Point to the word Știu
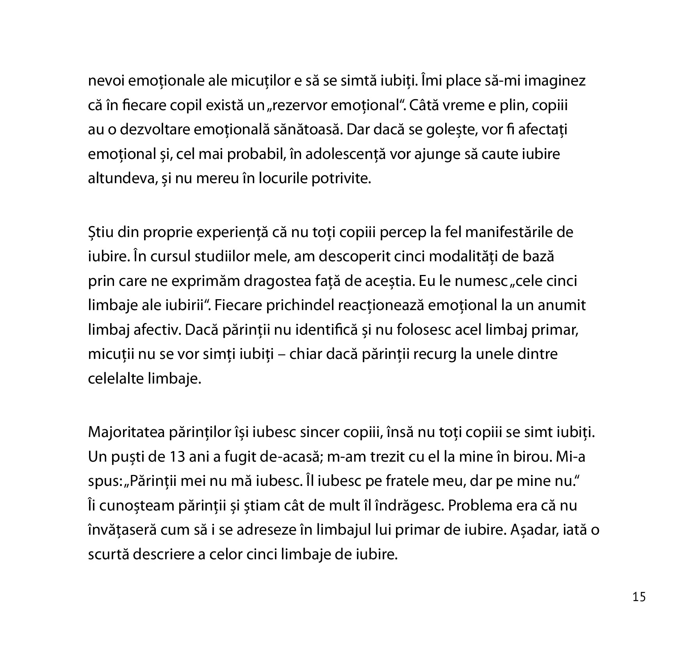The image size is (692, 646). coord(100,233)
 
